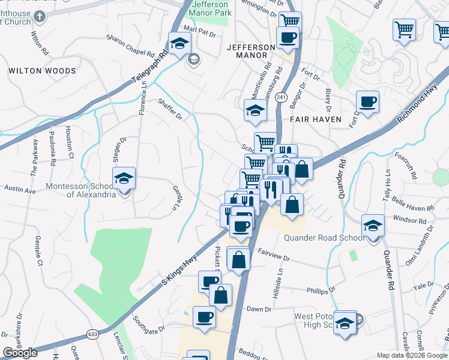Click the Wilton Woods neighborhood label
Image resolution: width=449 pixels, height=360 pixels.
43,71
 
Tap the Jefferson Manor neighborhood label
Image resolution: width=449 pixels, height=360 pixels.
247,51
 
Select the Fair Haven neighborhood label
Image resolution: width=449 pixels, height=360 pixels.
316,119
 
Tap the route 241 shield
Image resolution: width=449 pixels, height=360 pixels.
281,97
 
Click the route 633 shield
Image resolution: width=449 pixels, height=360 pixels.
92,334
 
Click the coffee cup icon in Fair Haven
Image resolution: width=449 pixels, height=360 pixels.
367,101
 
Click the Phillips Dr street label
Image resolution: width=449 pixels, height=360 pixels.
321,290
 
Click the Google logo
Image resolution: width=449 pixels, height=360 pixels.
20,353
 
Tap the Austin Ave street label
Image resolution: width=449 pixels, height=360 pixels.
20,190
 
